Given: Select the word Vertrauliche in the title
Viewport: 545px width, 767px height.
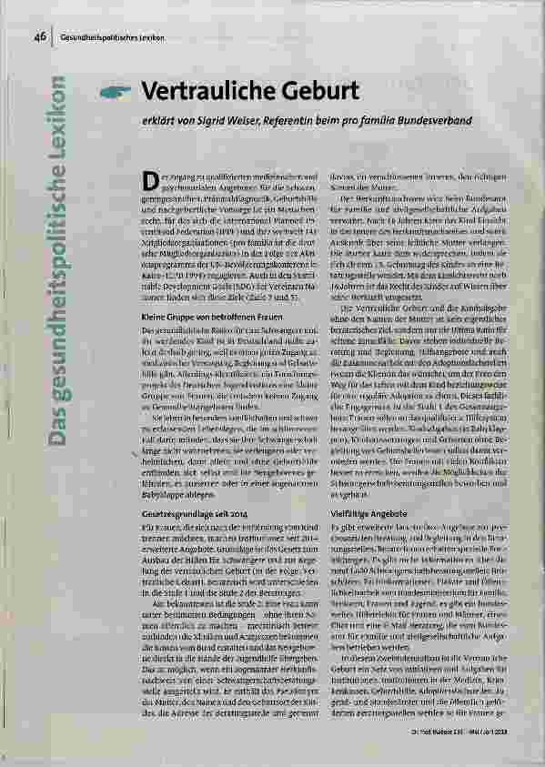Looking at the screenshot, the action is click(x=198, y=92).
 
